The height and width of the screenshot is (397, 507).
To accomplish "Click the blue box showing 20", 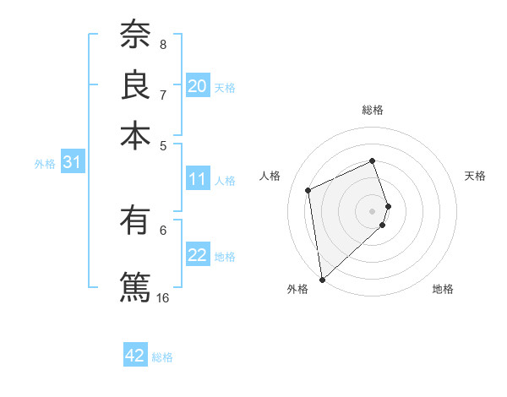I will pyautogui.click(x=198, y=86).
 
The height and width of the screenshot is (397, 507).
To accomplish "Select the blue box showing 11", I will pyautogui.click(x=198, y=179).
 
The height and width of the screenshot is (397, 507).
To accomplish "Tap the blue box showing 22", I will pyautogui.click(x=198, y=255).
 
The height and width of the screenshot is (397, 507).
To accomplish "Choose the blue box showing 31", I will pyautogui.click(x=72, y=163).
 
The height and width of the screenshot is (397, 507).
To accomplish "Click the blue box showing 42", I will pyautogui.click(x=135, y=356).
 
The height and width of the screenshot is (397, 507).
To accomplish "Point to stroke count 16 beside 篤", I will pyautogui.click(x=163, y=297).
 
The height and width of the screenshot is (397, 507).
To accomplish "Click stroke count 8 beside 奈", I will pyautogui.click(x=163, y=44).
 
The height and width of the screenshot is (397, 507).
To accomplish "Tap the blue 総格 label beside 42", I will pyautogui.click(x=162, y=357).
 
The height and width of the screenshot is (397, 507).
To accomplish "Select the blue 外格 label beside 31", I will pyautogui.click(x=45, y=165).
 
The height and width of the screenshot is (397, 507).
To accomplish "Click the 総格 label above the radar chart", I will pyautogui.click(x=373, y=110).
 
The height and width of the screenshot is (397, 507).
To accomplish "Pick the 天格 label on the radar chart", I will pyautogui.click(x=475, y=176).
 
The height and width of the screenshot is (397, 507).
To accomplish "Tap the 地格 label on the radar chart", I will pyautogui.click(x=443, y=289).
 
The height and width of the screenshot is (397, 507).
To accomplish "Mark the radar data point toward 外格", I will pyautogui.click(x=322, y=279).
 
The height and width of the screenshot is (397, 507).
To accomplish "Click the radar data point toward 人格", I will pyautogui.click(x=308, y=190).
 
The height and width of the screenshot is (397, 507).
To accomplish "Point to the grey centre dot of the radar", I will pyautogui.click(x=373, y=210).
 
